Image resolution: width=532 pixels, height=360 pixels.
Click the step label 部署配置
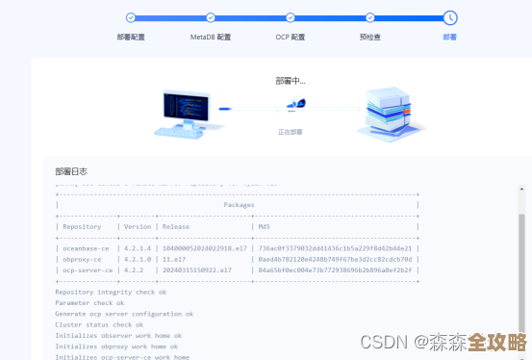131,37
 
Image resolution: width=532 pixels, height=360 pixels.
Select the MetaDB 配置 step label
211,37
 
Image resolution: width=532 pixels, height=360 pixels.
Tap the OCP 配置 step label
291,37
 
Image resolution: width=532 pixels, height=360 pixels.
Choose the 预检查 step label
370,37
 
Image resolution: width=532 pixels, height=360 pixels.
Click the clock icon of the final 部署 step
450,17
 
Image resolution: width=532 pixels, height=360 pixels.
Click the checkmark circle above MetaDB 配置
211,17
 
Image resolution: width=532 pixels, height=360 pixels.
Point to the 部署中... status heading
290,81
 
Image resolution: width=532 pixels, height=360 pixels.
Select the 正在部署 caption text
290,132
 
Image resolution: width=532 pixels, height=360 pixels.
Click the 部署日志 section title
72,171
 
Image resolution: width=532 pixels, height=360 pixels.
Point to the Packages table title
239,205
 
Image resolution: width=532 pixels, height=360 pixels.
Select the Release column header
176,227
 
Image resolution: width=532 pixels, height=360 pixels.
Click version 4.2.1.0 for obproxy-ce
138,259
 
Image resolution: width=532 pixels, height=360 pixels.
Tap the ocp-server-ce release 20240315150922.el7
197,270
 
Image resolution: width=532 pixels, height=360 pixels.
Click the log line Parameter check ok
89,302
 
